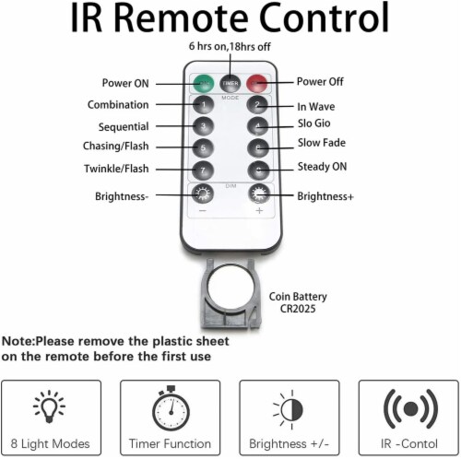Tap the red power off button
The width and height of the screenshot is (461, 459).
[257, 83]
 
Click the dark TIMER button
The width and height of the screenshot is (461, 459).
[230, 83]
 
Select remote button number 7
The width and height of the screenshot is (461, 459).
[203, 171]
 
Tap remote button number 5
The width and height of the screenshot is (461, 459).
[203, 147]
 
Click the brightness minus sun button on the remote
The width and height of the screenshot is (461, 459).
[203, 194]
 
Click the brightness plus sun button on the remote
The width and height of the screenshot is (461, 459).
[259, 194]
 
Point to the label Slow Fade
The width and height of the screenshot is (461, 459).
[322, 143]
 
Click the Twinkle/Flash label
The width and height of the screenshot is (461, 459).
[116, 169]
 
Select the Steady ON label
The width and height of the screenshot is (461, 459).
[322, 167]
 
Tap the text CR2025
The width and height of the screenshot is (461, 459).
[298, 309]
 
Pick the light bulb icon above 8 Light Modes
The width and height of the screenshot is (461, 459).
[49, 406]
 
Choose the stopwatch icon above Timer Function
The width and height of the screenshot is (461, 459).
[171, 408]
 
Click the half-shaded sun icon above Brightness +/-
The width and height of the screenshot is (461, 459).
[290, 409]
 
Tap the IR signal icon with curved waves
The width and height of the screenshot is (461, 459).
[411, 408]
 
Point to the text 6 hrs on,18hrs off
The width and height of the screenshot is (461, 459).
[230, 46]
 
